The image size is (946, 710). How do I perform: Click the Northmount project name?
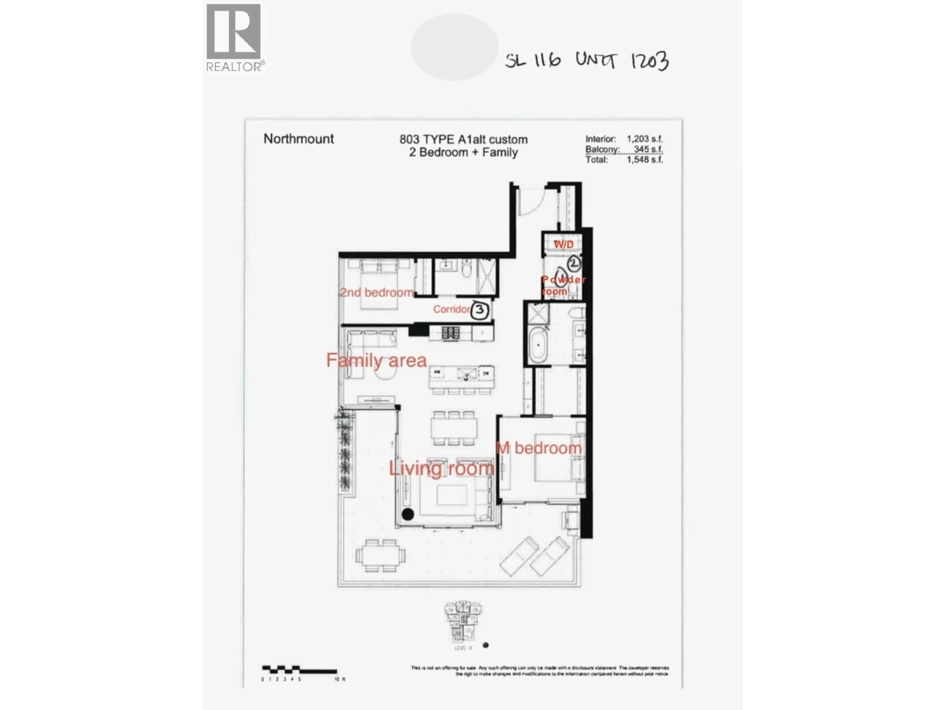(x=299, y=139)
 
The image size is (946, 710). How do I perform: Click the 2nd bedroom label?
(x=376, y=293)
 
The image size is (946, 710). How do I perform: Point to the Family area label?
(x=376, y=360)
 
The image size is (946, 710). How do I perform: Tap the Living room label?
(x=441, y=468)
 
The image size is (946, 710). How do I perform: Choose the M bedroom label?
(x=539, y=448)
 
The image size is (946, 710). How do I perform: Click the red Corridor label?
(x=451, y=309)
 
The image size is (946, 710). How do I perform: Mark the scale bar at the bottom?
(x=299, y=670)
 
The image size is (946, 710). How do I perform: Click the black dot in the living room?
(x=407, y=515)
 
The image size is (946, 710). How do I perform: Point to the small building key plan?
(x=463, y=623)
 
